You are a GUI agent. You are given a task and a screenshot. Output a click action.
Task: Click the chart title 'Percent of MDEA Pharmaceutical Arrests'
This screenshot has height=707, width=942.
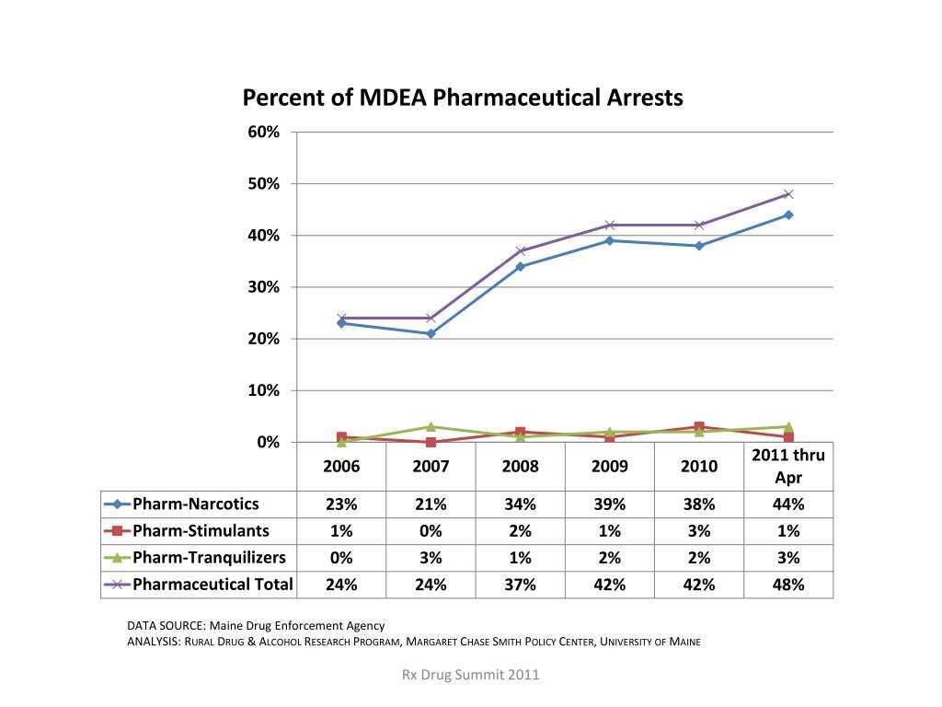[462, 98]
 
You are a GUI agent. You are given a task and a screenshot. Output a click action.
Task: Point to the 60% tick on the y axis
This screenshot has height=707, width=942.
[264, 132]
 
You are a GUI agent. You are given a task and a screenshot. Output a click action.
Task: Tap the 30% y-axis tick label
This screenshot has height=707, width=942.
[264, 287]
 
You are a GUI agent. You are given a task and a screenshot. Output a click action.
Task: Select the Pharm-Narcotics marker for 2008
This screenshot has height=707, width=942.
[521, 267]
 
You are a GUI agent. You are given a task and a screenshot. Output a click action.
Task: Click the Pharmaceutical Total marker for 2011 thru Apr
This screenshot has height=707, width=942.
[788, 194]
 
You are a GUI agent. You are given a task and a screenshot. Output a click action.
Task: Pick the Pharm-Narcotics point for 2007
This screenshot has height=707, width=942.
[431, 333]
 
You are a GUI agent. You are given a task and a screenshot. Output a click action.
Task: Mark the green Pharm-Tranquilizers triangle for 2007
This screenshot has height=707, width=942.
[431, 426]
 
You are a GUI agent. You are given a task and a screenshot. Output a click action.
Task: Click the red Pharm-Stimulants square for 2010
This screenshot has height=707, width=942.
[699, 427]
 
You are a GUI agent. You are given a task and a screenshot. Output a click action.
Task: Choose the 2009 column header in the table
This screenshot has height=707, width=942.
[609, 466]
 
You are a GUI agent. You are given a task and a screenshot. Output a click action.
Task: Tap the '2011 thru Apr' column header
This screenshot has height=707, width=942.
[788, 466]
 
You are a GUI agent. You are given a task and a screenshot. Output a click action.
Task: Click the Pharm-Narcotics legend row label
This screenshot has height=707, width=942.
[196, 504]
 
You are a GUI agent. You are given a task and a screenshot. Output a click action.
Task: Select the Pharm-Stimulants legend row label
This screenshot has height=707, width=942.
[201, 530]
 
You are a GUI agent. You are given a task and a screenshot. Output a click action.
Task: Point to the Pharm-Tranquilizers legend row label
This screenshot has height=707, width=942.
[209, 557]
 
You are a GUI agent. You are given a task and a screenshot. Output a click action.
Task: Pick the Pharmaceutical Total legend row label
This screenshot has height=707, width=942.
[213, 584]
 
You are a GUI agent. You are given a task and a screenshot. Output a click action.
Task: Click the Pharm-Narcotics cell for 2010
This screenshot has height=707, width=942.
[698, 504]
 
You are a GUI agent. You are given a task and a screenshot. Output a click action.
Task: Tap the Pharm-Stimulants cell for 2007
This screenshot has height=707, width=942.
[431, 530]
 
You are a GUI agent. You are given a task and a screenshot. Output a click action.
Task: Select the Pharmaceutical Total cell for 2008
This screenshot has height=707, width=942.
[520, 584]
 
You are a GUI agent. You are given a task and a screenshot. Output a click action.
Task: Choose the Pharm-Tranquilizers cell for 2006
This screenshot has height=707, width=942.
[341, 557]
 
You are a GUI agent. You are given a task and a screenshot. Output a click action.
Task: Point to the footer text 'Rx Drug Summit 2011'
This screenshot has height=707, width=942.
[471, 675]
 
